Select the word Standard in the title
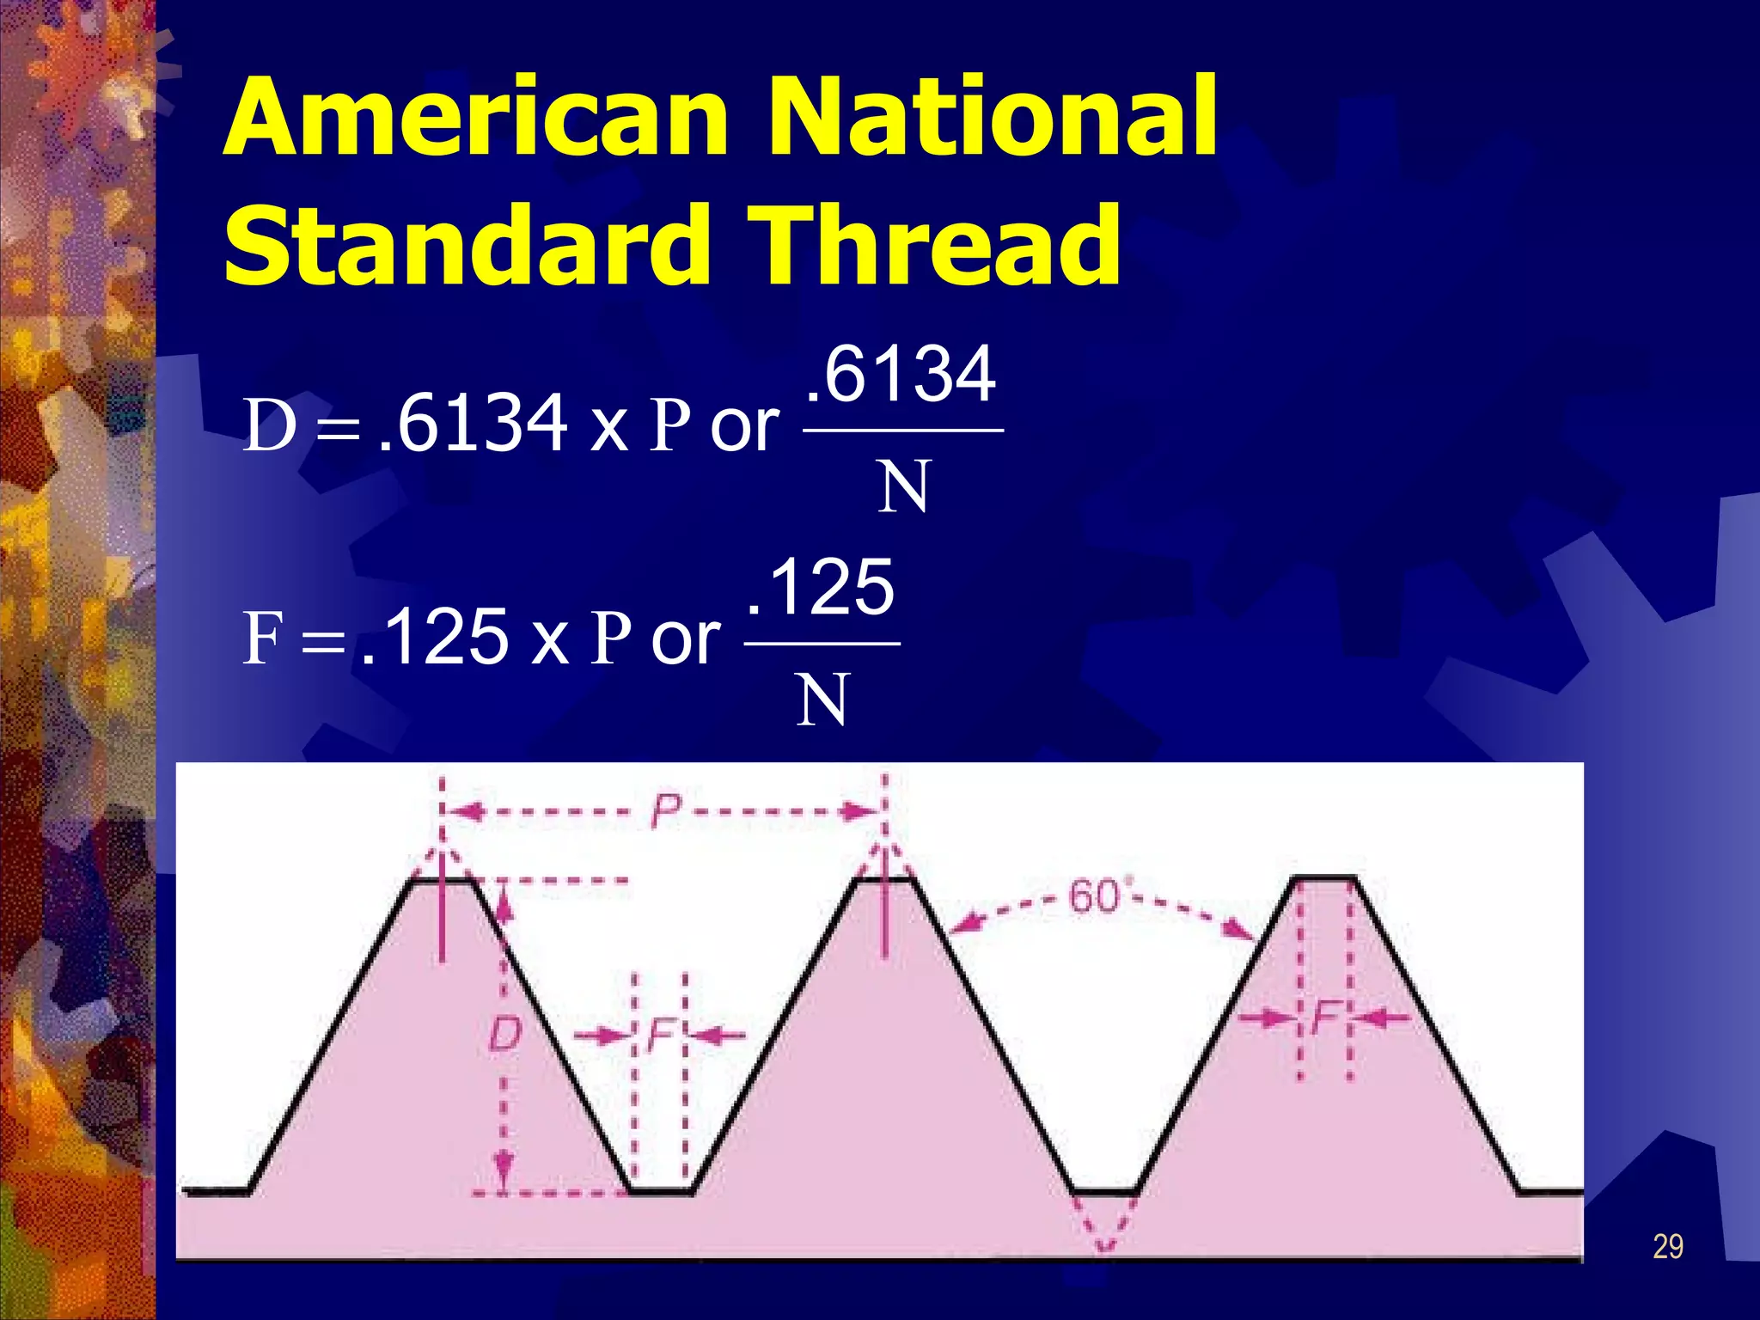(465, 247)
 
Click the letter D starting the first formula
(270, 425)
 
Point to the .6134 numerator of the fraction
(901, 375)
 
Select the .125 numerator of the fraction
(822, 588)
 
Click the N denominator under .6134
(903, 486)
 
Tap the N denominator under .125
(822, 700)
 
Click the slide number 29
(1667, 1246)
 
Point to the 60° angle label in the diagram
(1096, 897)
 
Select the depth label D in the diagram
(504, 1034)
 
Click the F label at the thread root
(660, 1035)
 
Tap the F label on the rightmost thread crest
(1323, 1018)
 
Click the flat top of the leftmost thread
(442, 879)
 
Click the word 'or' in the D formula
(744, 426)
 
